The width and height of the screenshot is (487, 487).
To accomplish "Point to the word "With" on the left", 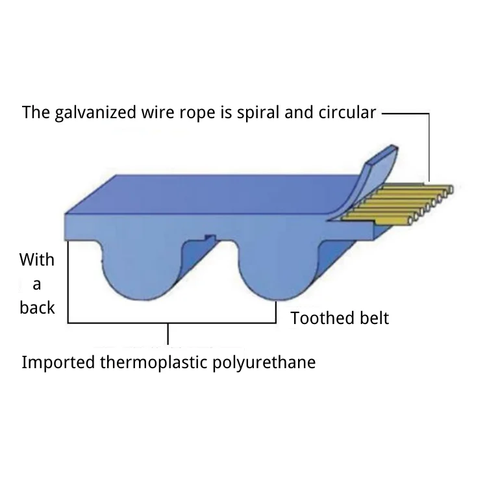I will click(x=37, y=260).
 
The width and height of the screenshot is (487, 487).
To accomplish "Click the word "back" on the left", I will click(x=37, y=307).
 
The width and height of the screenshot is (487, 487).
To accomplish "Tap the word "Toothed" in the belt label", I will click(x=321, y=318).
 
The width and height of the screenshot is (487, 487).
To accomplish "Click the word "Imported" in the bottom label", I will click(x=58, y=362).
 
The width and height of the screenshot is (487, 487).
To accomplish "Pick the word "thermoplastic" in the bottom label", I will click(x=155, y=362).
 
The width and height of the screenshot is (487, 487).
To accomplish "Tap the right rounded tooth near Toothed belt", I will click(x=276, y=273).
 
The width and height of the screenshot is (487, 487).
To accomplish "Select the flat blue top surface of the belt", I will click(x=214, y=195).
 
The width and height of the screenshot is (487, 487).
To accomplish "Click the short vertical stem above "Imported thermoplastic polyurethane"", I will click(x=169, y=334).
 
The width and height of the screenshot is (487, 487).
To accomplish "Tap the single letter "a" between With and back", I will click(x=37, y=284).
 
